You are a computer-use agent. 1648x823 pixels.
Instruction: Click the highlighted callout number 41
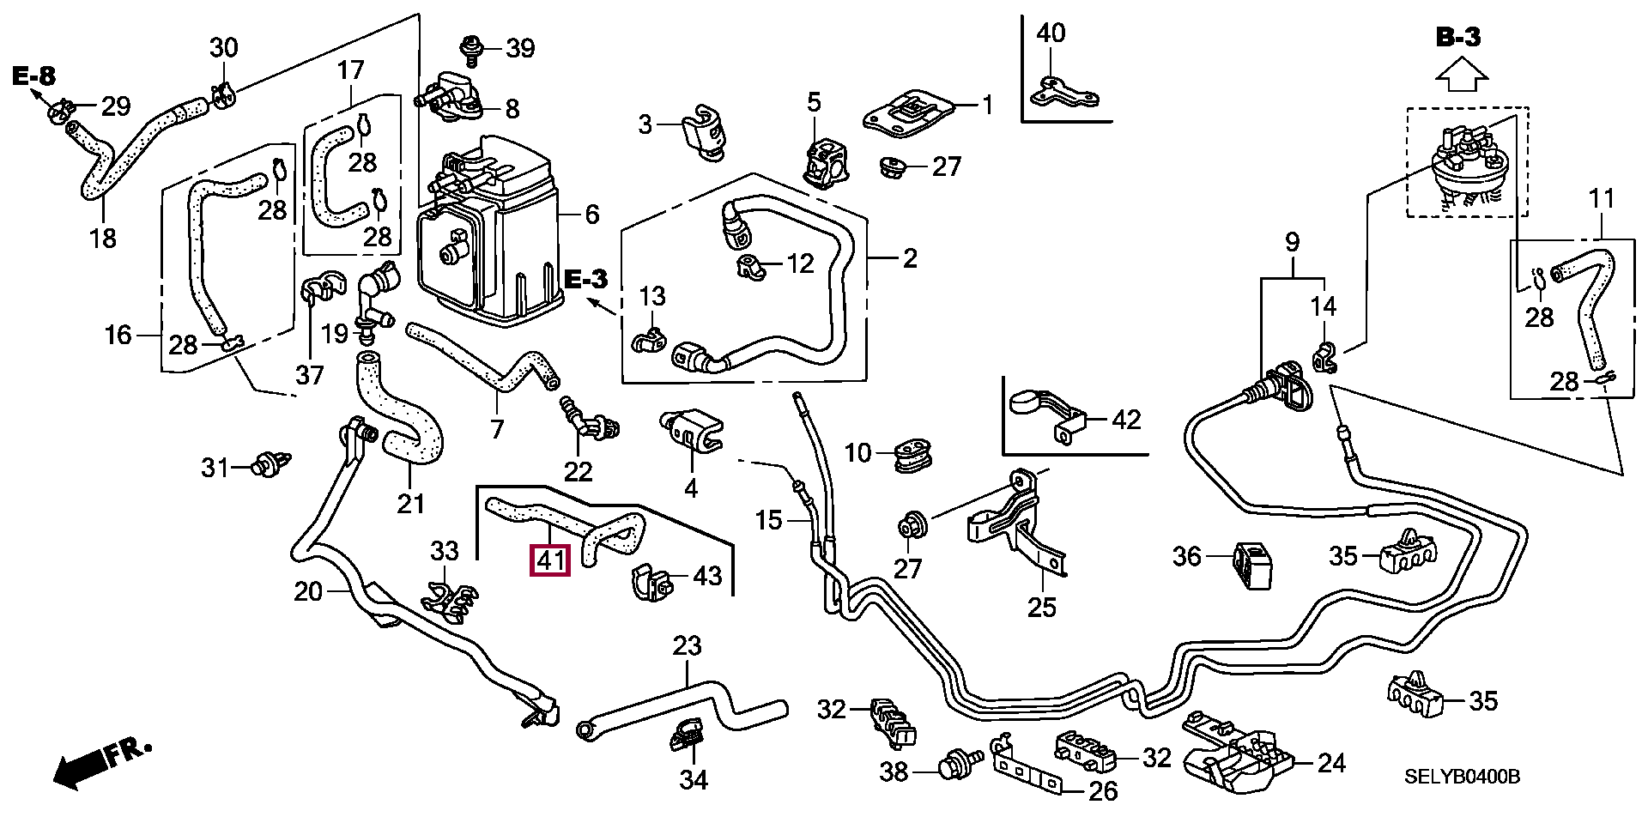(x=550, y=561)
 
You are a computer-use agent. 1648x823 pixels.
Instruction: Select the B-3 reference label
(x=1458, y=37)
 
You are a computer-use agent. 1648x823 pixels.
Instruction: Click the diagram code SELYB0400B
(x=1462, y=777)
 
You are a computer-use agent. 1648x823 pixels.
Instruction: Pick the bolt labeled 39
(x=470, y=48)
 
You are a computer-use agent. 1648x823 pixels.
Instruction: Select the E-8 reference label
(x=33, y=76)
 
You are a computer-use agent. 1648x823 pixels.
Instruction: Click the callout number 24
(x=1331, y=762)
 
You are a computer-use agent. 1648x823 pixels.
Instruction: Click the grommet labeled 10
(x=912, y=455)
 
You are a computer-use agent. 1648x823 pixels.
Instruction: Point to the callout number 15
(x=768, y=520)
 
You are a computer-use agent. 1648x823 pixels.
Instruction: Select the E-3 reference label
(x=586, y=278)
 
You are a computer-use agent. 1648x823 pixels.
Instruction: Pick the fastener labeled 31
(x=273, y=465)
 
